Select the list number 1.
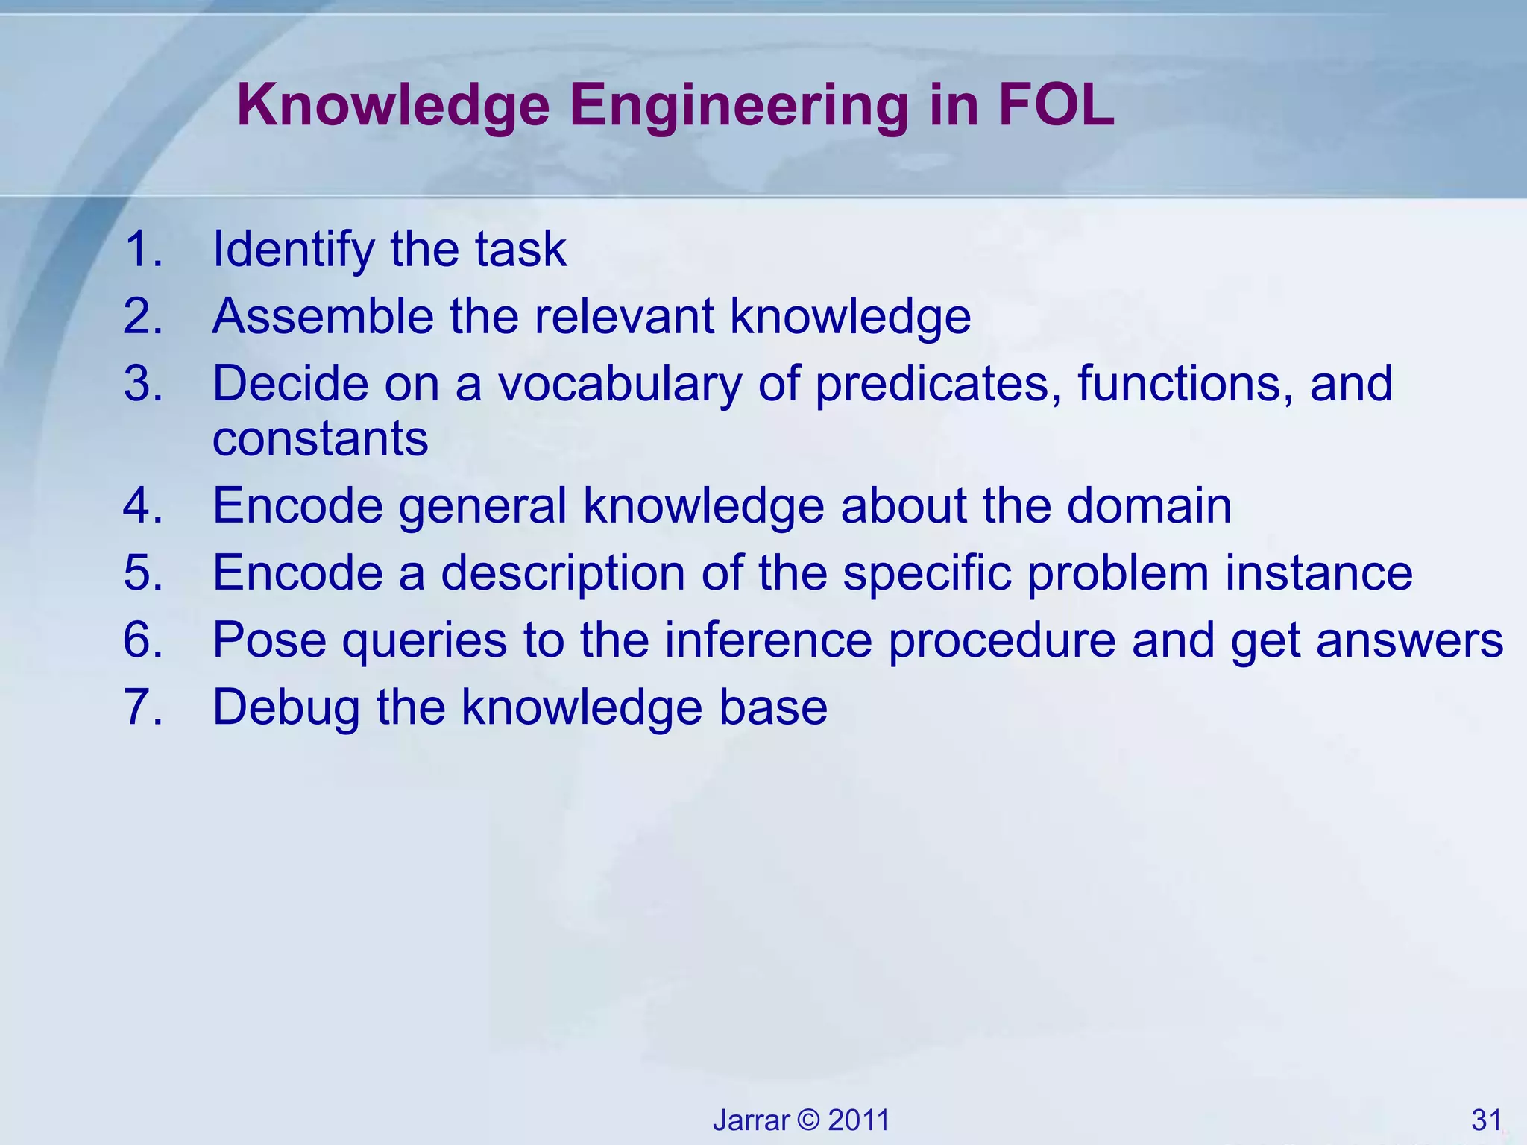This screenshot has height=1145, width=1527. [x=142, y=249]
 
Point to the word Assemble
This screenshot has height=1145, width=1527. [x=323, y=316]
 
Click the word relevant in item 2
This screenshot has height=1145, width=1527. [x=624, y=316]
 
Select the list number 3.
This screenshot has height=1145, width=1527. [x=142, y=383]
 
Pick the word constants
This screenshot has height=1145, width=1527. [x=320, y=438]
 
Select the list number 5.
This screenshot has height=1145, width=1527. [x=142, y=572]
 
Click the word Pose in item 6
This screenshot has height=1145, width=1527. [x=269, y=640]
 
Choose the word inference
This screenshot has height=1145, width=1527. [x=768, y=640]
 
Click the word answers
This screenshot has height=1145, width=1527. [x=1408, y=641]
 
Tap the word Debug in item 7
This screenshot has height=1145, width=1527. [x=286, y=708]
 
